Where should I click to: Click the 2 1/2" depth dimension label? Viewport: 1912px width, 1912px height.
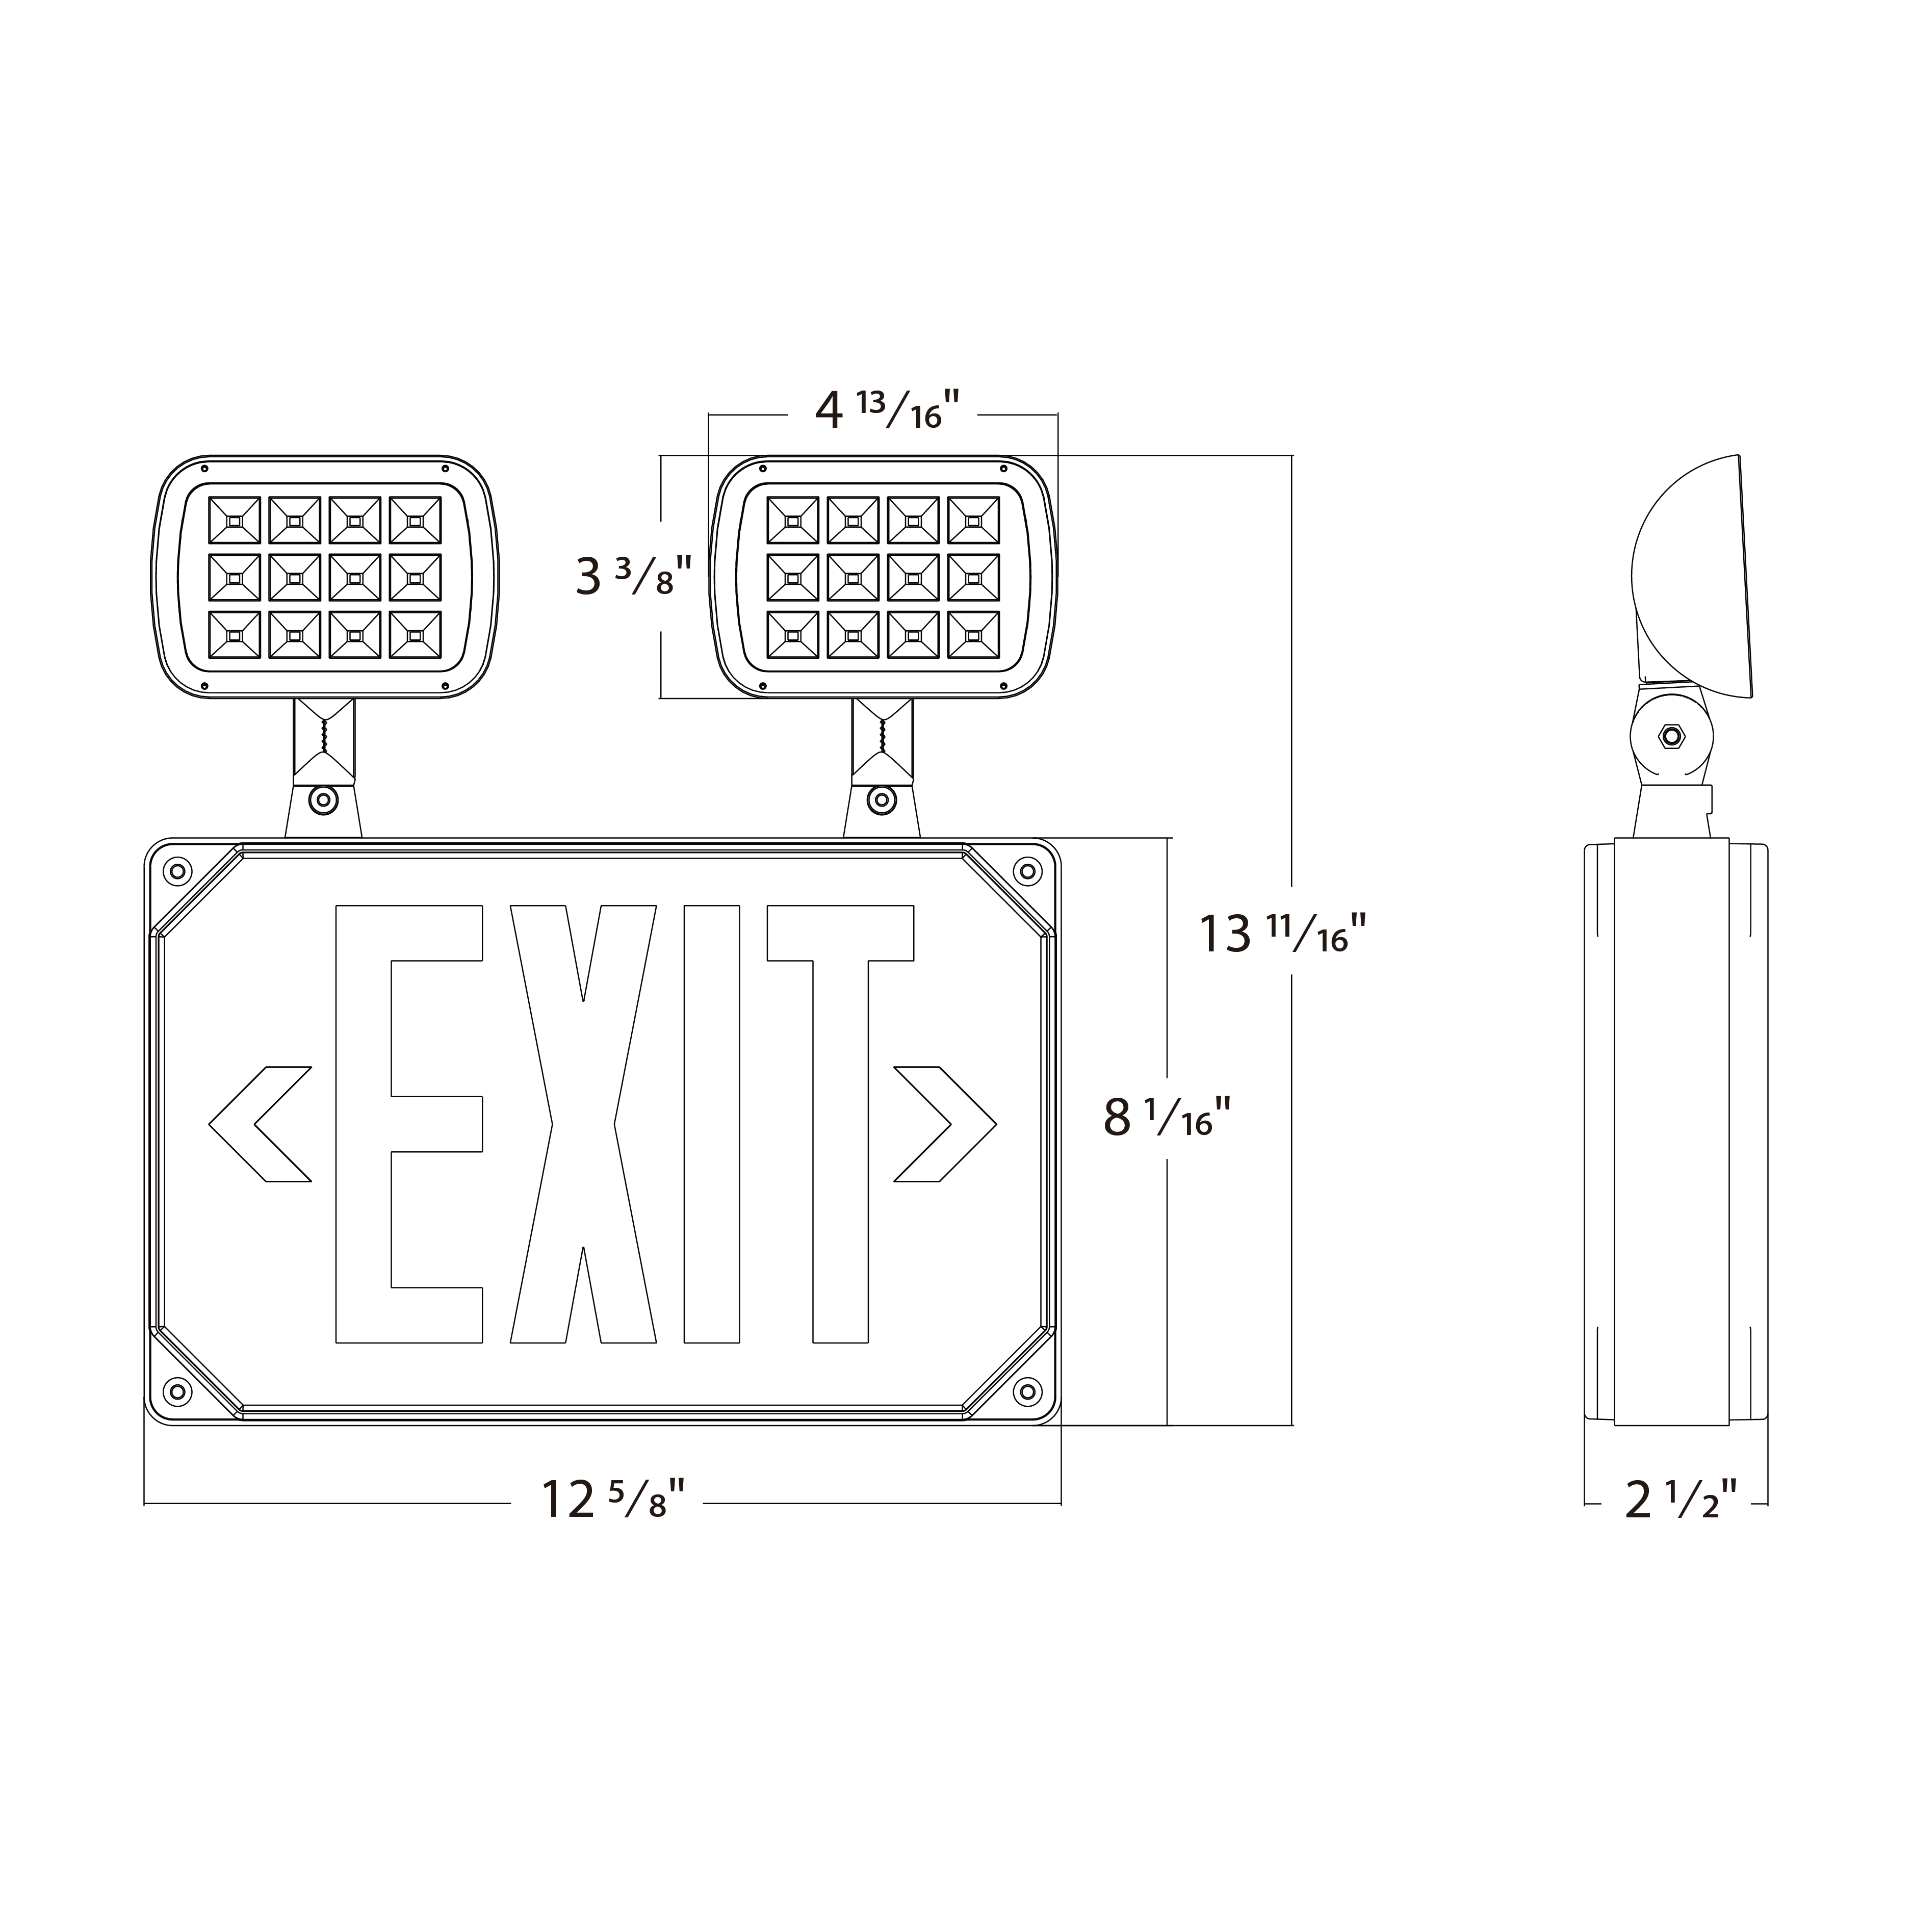[1681, 1500]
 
